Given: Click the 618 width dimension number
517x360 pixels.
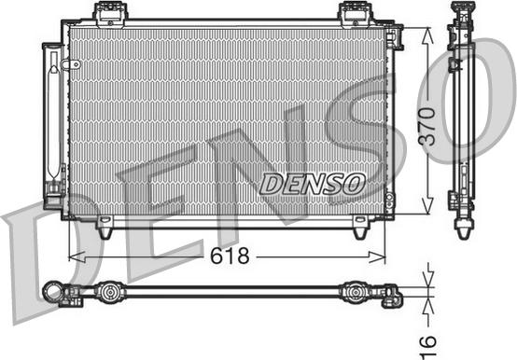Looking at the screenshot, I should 229,256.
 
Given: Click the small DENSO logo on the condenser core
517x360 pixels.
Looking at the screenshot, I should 312,184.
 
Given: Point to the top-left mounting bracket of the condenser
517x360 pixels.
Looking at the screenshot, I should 110,13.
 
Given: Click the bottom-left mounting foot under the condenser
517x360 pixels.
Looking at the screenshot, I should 105,225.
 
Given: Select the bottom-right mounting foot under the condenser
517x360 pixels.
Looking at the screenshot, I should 359,226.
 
